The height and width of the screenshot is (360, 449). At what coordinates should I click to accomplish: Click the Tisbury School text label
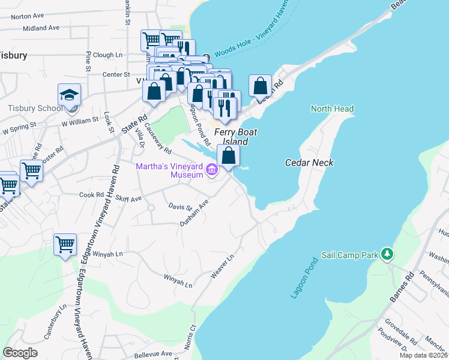[35, 109]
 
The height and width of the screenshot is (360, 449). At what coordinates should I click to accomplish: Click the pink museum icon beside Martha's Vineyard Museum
[211, 171]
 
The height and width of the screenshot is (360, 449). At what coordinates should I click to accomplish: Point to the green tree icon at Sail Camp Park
[388, 254]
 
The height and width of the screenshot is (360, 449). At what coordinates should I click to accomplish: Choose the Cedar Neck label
[309, 163]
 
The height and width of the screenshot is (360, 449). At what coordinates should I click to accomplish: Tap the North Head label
[332, 109]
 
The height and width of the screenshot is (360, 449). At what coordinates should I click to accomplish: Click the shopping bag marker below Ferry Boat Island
[229, 156]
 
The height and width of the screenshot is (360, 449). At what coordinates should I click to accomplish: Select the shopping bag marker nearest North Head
[260, 86]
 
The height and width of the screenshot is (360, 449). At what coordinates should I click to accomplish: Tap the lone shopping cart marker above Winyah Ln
[65, 245]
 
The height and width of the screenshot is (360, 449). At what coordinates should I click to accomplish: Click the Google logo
[20, 352]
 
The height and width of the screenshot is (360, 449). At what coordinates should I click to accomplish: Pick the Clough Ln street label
[107, 55]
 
